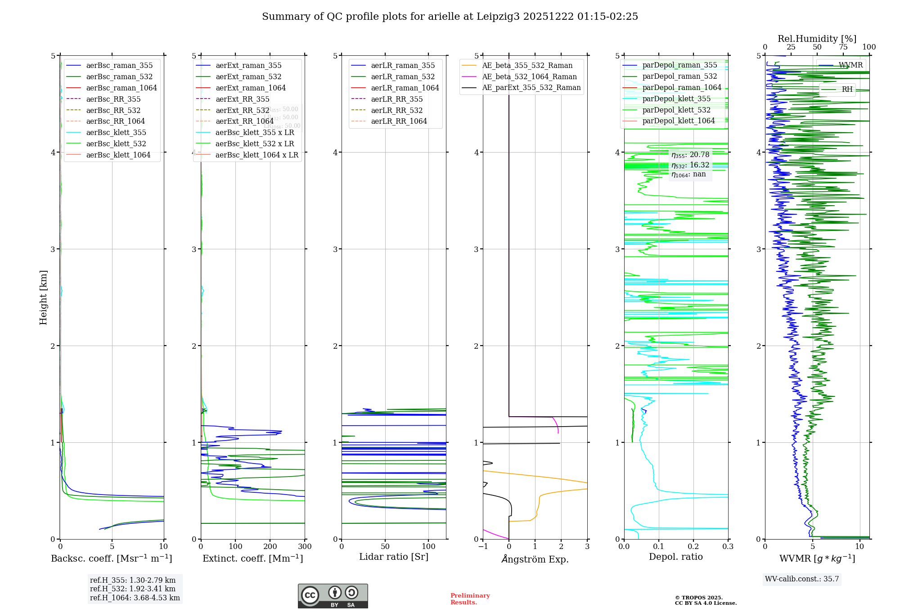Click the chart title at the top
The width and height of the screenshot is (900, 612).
coord(450,17)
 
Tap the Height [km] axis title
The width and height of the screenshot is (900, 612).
coord(43,297)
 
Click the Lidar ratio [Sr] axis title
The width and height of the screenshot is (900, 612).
coord(394,557)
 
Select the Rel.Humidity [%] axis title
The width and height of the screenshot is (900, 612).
coord(817,39)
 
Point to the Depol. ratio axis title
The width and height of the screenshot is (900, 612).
coord(675,557)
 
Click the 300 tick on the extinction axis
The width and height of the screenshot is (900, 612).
coord(305,547)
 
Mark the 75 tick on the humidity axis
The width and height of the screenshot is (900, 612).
coord(843,47)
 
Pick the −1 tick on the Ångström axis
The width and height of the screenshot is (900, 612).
coord(483,547)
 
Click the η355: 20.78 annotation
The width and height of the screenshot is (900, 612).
coord(690,155)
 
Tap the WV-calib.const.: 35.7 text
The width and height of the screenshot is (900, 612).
coord(802,579)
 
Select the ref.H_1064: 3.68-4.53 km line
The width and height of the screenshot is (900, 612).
coord(135,598)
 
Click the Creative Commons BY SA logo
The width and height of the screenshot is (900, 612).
coord(333,596)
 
